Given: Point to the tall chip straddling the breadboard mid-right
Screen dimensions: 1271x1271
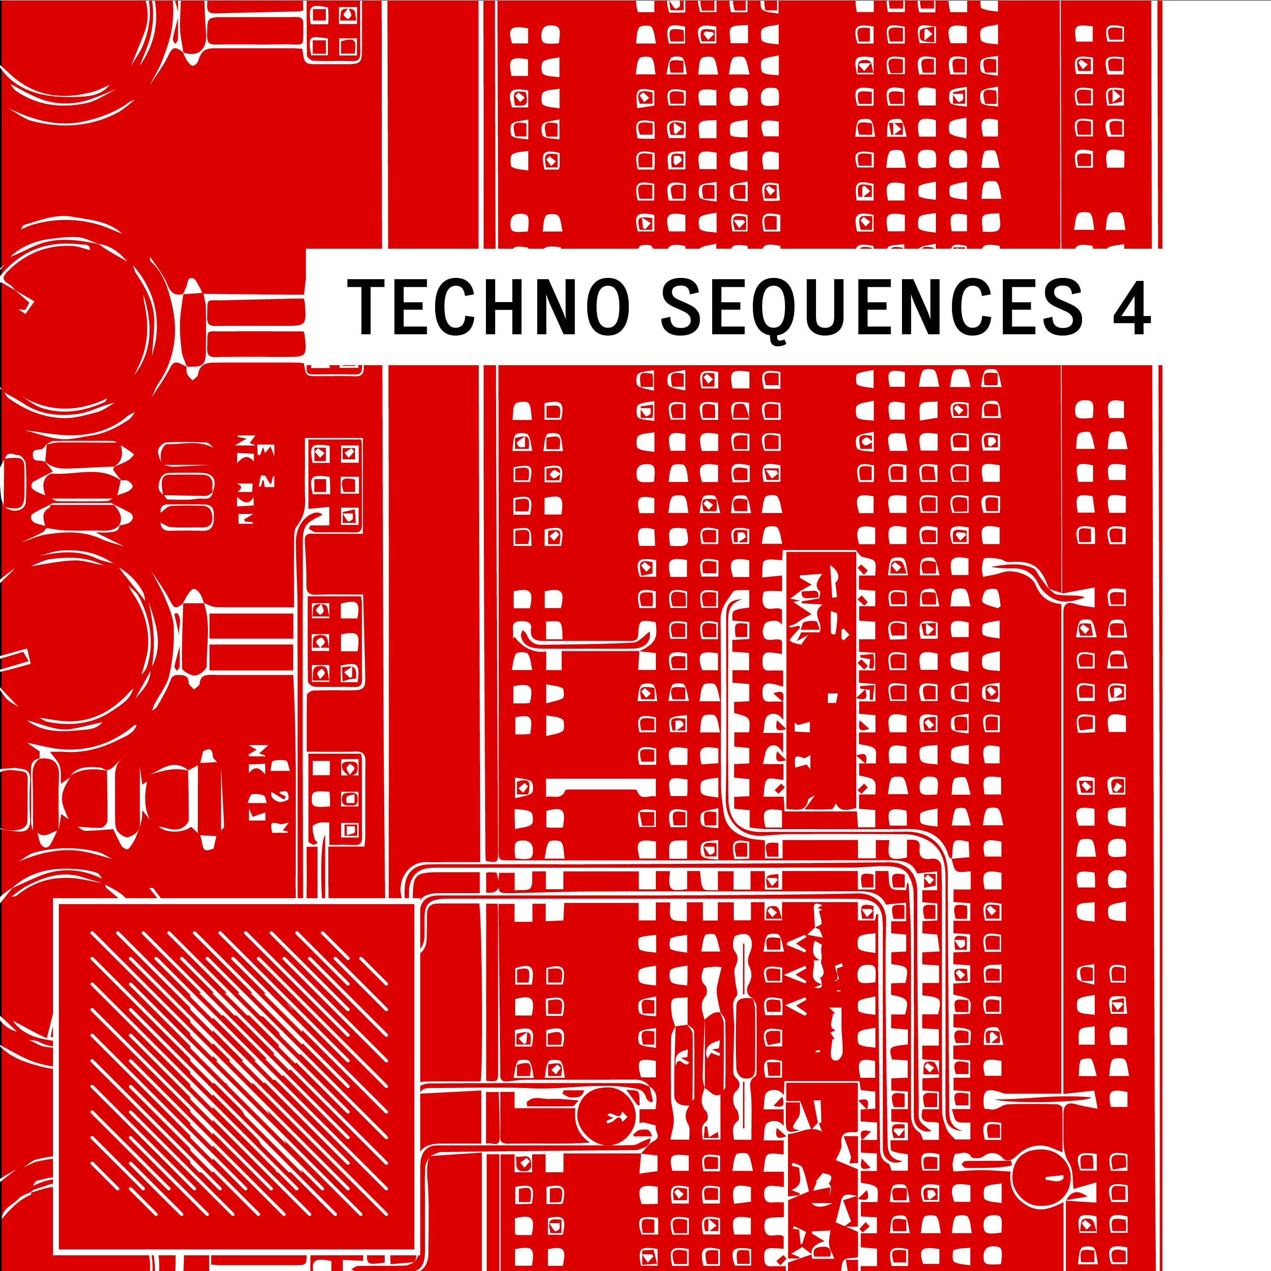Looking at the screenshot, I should click(821, 681).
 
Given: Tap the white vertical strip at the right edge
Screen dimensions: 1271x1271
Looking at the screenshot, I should click(1217, 635).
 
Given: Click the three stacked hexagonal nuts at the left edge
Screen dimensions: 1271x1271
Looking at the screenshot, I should click(82, 487).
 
